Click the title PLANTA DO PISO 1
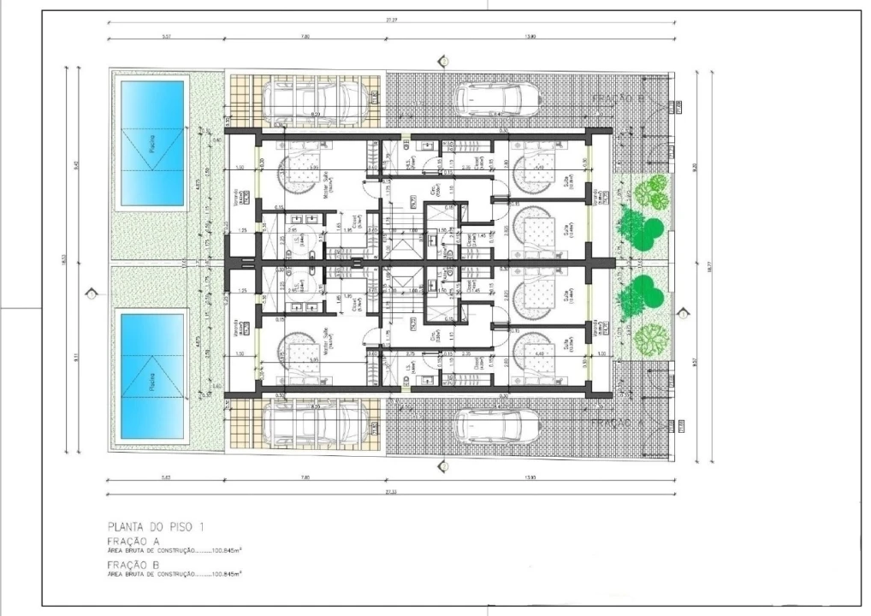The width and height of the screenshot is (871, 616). click(155, 527)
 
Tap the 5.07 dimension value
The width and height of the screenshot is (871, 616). click(165, 37)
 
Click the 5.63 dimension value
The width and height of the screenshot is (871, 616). click(165, 477)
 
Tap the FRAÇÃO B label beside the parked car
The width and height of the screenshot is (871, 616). click(619, 100)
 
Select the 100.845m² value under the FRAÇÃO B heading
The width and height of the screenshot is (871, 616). click(227, 574)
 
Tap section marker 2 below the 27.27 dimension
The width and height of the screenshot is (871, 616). click(443, 60)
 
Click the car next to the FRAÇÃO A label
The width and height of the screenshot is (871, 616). click(498, 425)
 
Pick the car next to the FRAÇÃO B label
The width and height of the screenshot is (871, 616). click(498, 99)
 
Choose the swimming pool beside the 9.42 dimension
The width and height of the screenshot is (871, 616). click(153, 144)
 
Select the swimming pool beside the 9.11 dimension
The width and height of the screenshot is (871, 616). click(153, 377)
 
